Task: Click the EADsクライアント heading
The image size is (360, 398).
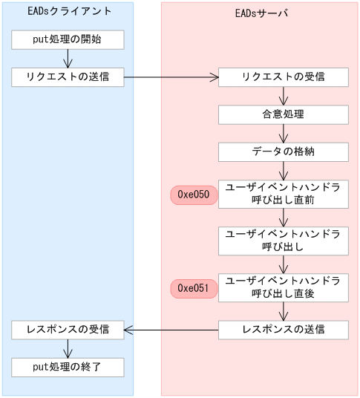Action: click(68, 13)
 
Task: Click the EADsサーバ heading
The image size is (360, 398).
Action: click(260, 13)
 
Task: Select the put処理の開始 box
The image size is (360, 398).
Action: click(68, 39)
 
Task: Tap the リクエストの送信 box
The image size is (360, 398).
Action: click(68, 76)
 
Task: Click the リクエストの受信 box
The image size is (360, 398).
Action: click(283, 76)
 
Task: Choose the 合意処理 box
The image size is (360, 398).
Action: click(283, 114)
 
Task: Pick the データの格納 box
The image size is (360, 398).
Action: click(283, 151)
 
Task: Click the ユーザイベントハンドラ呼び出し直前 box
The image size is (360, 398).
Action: click(283, 195)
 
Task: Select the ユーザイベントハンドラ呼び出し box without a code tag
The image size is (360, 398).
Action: click(283, 241)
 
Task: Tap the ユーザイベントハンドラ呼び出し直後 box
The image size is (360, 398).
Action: click(283, 288)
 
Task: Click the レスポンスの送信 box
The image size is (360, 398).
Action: click(283, 330)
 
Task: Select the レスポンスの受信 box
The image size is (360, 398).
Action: click(68, 330)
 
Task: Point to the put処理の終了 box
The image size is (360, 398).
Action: click(68, 367)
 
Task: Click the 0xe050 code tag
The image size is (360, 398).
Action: click(194, 195)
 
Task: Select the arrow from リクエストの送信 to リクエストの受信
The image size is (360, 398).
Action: click(171, 76)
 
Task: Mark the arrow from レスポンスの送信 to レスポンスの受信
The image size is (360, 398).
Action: click(171, 330)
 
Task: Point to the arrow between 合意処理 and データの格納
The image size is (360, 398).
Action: click(283, 133)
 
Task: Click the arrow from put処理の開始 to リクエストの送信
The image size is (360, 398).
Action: click(68, 58)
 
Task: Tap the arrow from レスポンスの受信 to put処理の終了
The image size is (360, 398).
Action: click(68, 348)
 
